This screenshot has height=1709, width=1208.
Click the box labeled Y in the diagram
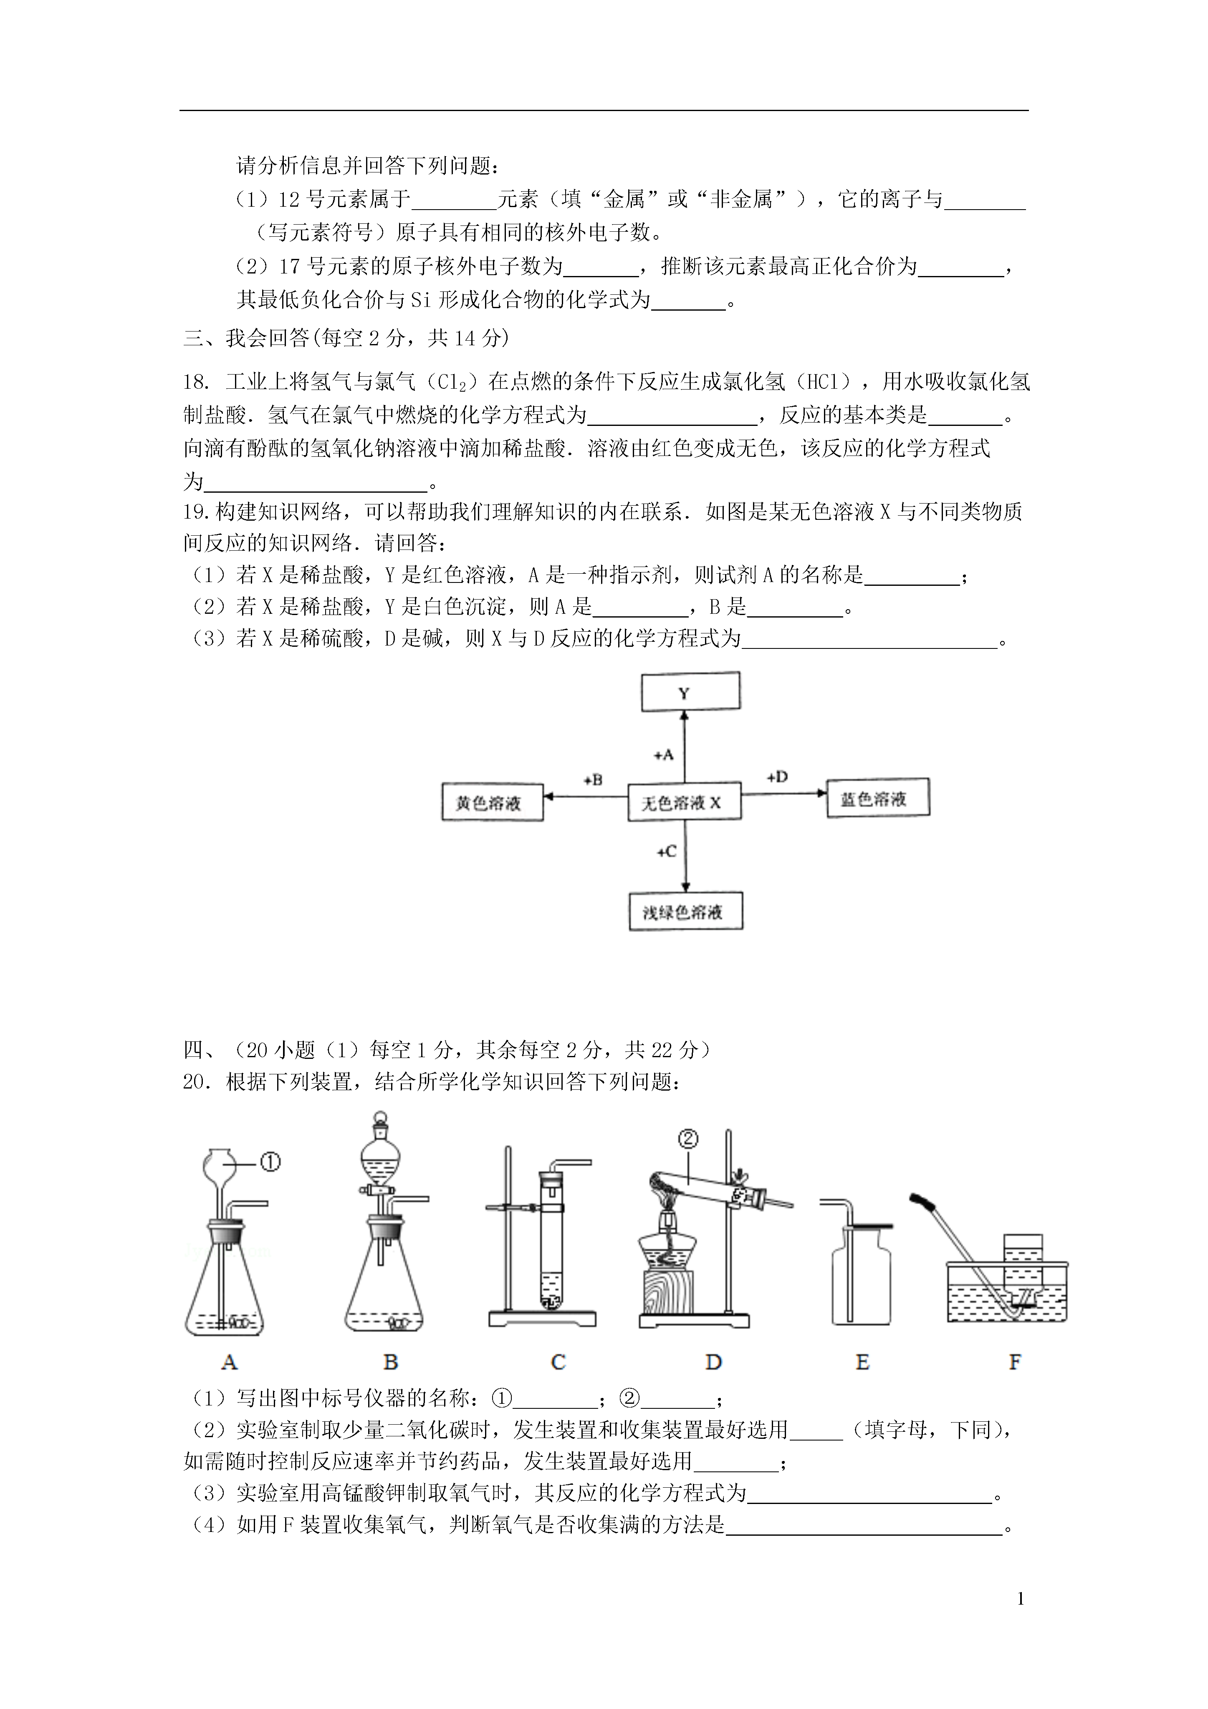691,691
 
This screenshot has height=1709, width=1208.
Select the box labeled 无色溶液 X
685,802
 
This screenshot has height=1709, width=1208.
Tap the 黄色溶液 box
492,802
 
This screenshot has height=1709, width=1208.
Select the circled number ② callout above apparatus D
688,1139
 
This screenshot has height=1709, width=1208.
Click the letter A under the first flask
229,1362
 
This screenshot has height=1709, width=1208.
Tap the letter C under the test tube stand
558,1362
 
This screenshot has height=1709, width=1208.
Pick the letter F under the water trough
1014,1362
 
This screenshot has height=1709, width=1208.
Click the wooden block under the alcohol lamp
666,1292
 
